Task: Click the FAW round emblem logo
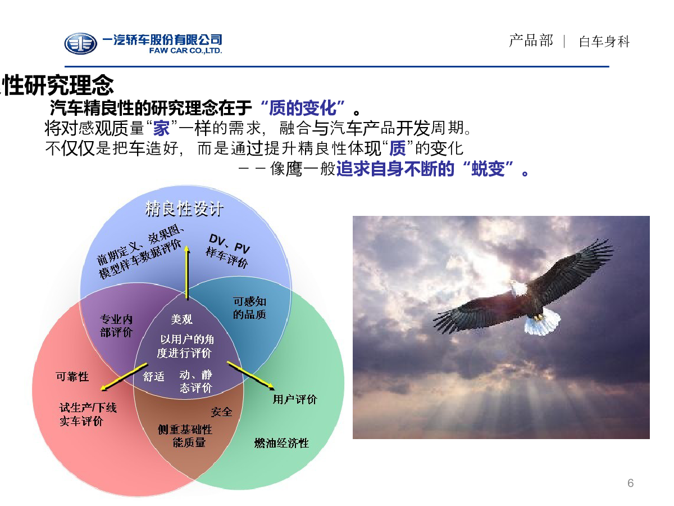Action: pos(80,44)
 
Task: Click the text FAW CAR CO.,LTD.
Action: pos(185,51)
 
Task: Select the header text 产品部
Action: pos(531,41)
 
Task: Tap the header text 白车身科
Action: pos(604,42)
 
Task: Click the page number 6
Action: pos(630,483)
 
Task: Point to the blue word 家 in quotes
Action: pos(161,128)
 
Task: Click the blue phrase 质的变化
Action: pos(302,108)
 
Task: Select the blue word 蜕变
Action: pos(488,169)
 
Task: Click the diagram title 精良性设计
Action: pos(184,209)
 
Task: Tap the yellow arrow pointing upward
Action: pos(186,272)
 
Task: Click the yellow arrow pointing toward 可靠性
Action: pos(124,377)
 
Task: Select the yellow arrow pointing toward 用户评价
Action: pos(251,376)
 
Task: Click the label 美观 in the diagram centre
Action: pos(182,319)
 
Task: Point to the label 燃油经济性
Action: pos(281,443)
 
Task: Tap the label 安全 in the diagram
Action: pos(221,412)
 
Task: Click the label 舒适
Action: pos(153,376)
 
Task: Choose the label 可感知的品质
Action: pos(249,308)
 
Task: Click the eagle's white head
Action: pos(518,289)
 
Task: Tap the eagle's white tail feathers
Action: pos(542,322)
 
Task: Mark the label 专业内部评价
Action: pos(116,326)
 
